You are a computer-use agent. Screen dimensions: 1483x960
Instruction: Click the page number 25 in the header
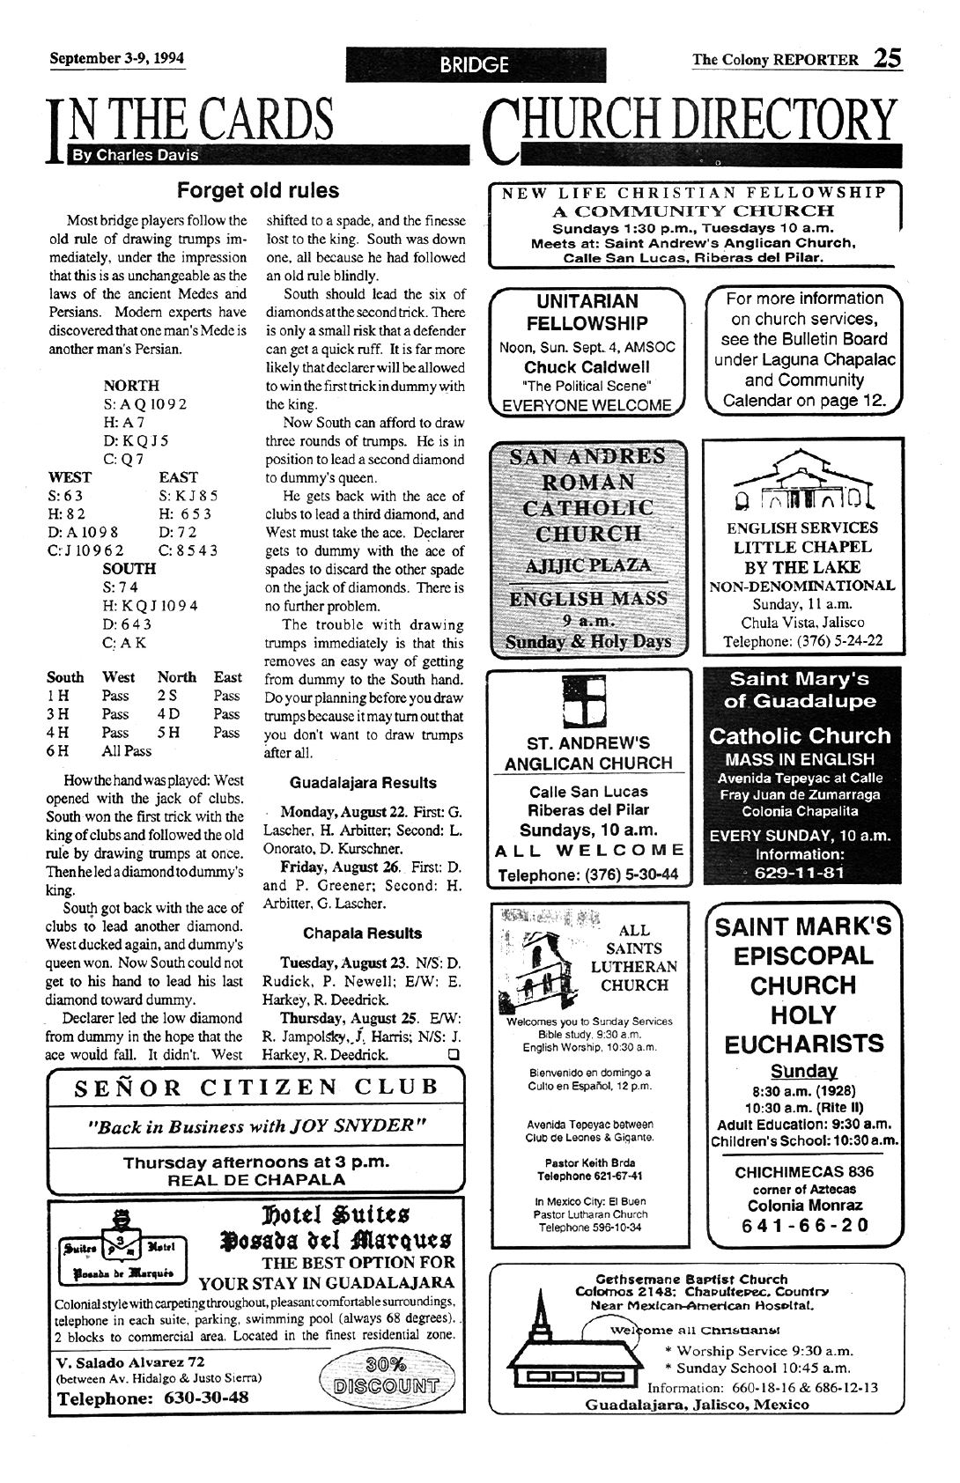(887, 58)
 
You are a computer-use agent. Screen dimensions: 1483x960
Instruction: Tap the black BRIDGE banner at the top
(475, 63)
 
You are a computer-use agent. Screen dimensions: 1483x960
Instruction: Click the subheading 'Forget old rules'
(257, 190)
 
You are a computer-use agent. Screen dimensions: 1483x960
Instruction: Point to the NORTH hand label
(131, 386)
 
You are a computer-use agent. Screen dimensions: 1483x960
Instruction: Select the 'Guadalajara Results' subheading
(362, 782)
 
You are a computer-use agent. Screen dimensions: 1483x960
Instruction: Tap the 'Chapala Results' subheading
(362, 933)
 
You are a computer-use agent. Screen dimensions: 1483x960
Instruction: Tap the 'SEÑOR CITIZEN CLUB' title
(256, 1087)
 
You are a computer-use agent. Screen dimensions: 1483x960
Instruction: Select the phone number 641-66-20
(806, 1225)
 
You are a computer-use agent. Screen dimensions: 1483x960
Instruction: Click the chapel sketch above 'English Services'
(802, 483)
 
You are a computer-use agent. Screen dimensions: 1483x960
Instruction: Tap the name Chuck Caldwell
(587, 367)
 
